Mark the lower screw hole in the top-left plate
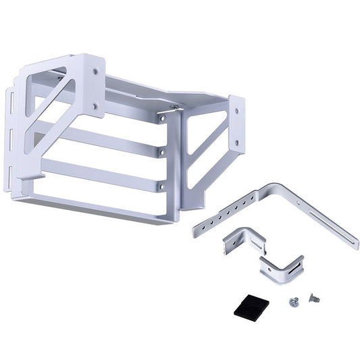tap(95, 105)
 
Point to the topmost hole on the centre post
tap(163, 119)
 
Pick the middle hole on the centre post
tap(161, 153)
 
